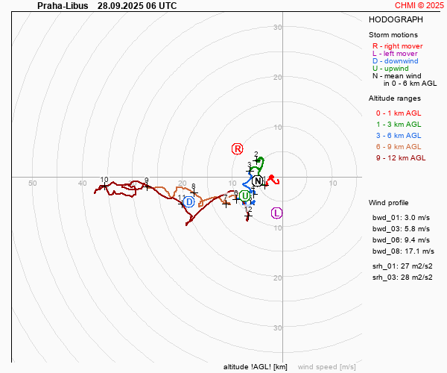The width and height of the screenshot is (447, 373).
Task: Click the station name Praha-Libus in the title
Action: pos(63,5)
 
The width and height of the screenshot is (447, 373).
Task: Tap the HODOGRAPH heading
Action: pos(397,20)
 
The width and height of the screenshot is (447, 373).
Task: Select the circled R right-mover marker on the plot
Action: pos(238,149)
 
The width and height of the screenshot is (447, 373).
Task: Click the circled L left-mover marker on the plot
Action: pos(277,213)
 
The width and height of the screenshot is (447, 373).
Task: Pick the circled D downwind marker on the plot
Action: pos(189,201)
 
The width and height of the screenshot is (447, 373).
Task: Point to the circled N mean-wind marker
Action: pos(258,181)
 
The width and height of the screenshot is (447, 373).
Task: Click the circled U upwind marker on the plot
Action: pos(244,195)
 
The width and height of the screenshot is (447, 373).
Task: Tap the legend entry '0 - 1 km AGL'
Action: pos(399,113)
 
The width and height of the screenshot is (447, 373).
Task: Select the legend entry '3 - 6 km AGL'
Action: pos(399,135)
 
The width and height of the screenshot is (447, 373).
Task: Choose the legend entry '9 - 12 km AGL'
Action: pos(401,157)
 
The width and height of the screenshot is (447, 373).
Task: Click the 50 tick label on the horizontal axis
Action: pos(32,183)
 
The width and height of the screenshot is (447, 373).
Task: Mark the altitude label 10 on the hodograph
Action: pos(104,180)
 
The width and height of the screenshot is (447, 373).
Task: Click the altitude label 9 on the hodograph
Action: pos(146,181)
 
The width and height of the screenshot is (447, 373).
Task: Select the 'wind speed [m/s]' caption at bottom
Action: pos(326,367)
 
